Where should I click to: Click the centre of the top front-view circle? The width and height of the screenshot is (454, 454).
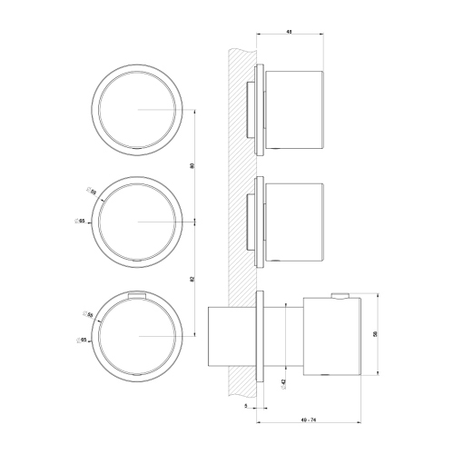point(138,109)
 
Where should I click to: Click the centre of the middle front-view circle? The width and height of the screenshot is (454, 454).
point(138,222)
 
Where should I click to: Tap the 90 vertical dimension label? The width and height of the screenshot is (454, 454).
point(192,165)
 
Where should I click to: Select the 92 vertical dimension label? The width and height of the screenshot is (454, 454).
point(192,279)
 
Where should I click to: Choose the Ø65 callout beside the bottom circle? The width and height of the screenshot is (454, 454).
point(82,340)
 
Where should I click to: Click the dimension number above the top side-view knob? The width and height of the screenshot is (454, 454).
point(288,32)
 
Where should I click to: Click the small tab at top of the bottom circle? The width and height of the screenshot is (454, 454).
point(138,293)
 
